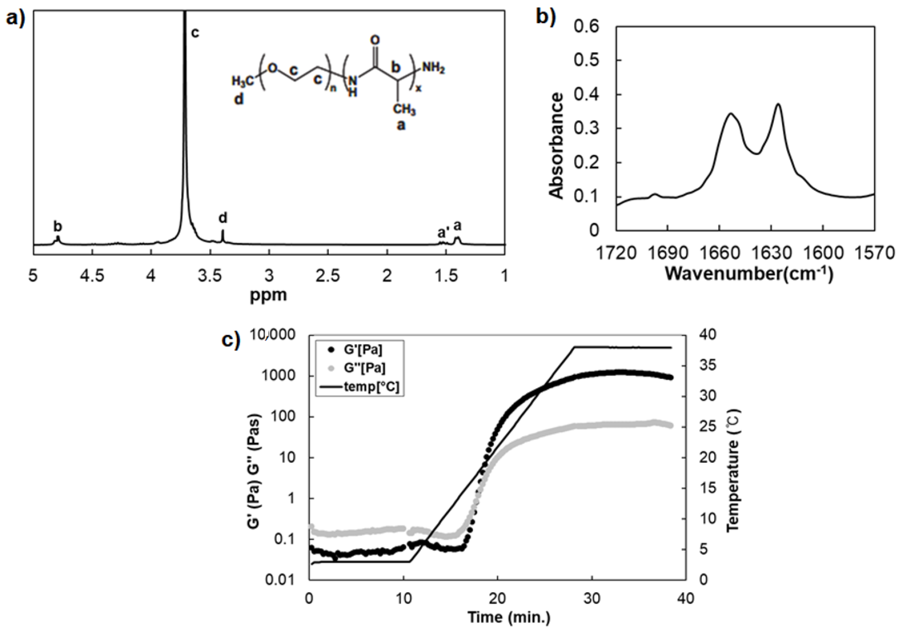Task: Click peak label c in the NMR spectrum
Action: click(195, 33)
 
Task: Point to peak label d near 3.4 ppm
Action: click(223, 218)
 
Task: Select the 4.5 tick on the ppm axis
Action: click(92, 276)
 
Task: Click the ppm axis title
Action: click(268, 295)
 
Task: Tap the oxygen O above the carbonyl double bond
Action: click(375, 40)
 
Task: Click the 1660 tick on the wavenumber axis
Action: click(719, 253)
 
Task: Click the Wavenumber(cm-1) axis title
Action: click(748, 274)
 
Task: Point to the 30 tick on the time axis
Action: click(592, 598)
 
